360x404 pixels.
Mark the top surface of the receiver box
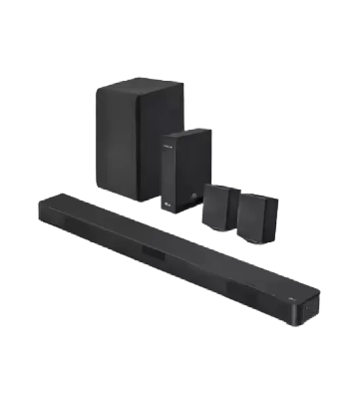click(186, 133)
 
